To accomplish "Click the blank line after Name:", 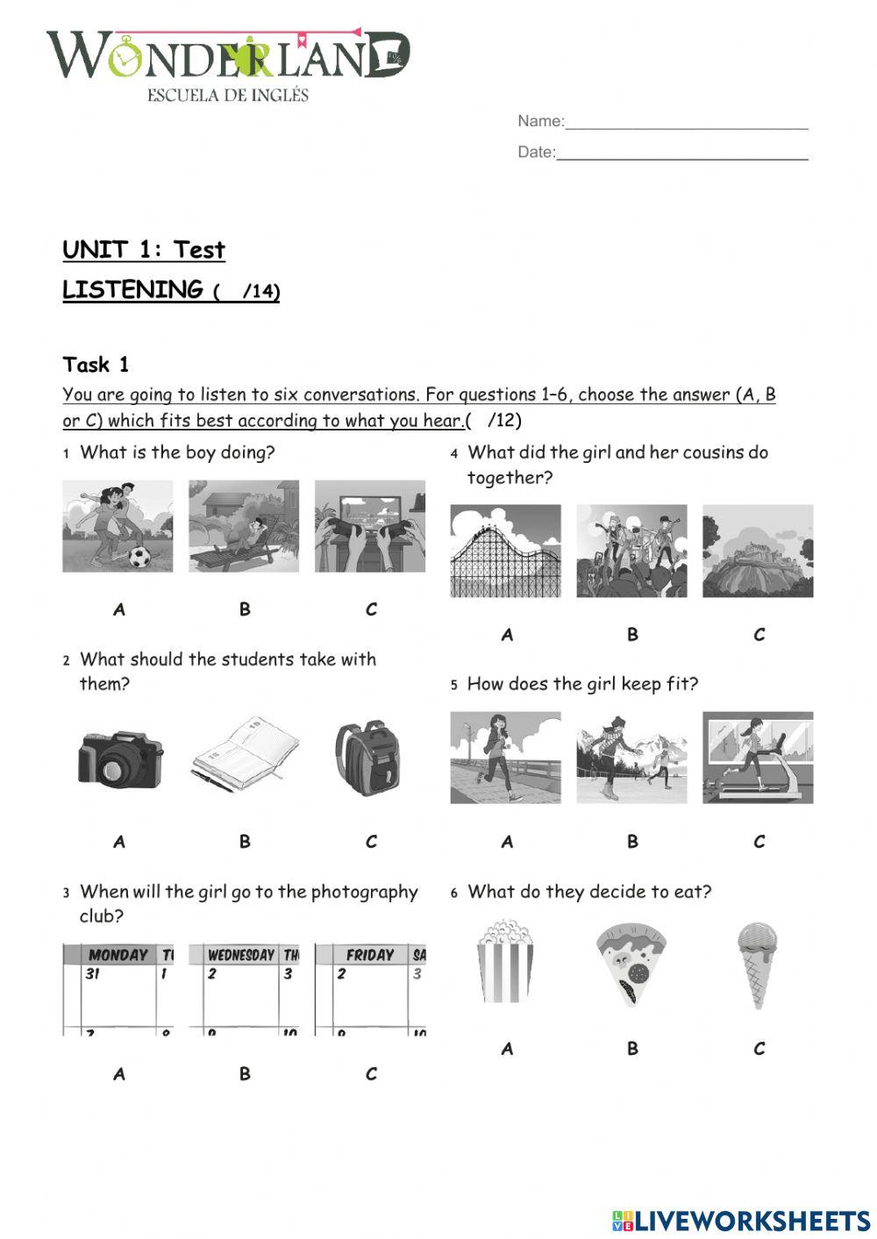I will point(686,123).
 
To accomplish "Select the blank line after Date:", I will point(681,153).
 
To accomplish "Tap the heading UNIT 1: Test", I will point(144,250).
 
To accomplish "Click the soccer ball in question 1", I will point(139,556).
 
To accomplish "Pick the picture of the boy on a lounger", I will point(244,526).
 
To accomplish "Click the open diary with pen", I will point(245,754).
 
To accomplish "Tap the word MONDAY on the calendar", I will point(118,955).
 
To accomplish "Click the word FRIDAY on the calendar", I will point(369,955).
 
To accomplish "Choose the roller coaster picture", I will point(505,552).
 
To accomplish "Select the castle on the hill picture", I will point(758,552).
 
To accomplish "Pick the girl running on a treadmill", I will point(758,758).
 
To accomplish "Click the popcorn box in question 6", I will point(505,962).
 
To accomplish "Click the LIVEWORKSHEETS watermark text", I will point(752,1220).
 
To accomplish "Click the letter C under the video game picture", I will point(371,609).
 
